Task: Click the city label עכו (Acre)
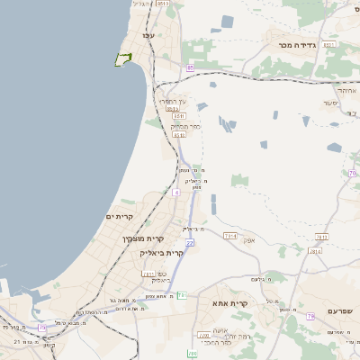tap(148, 35)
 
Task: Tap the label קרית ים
tap(120, 217)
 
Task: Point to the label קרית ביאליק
tap(163, 253)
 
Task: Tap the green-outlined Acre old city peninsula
tap(122, 59)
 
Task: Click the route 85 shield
tap(190, 68)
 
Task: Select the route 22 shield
tap(190, 243)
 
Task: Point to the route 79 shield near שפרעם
tap(310, 316)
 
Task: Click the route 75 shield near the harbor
tap(41, 328)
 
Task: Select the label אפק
tap(250, 239)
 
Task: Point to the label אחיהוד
tap(346, 90)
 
